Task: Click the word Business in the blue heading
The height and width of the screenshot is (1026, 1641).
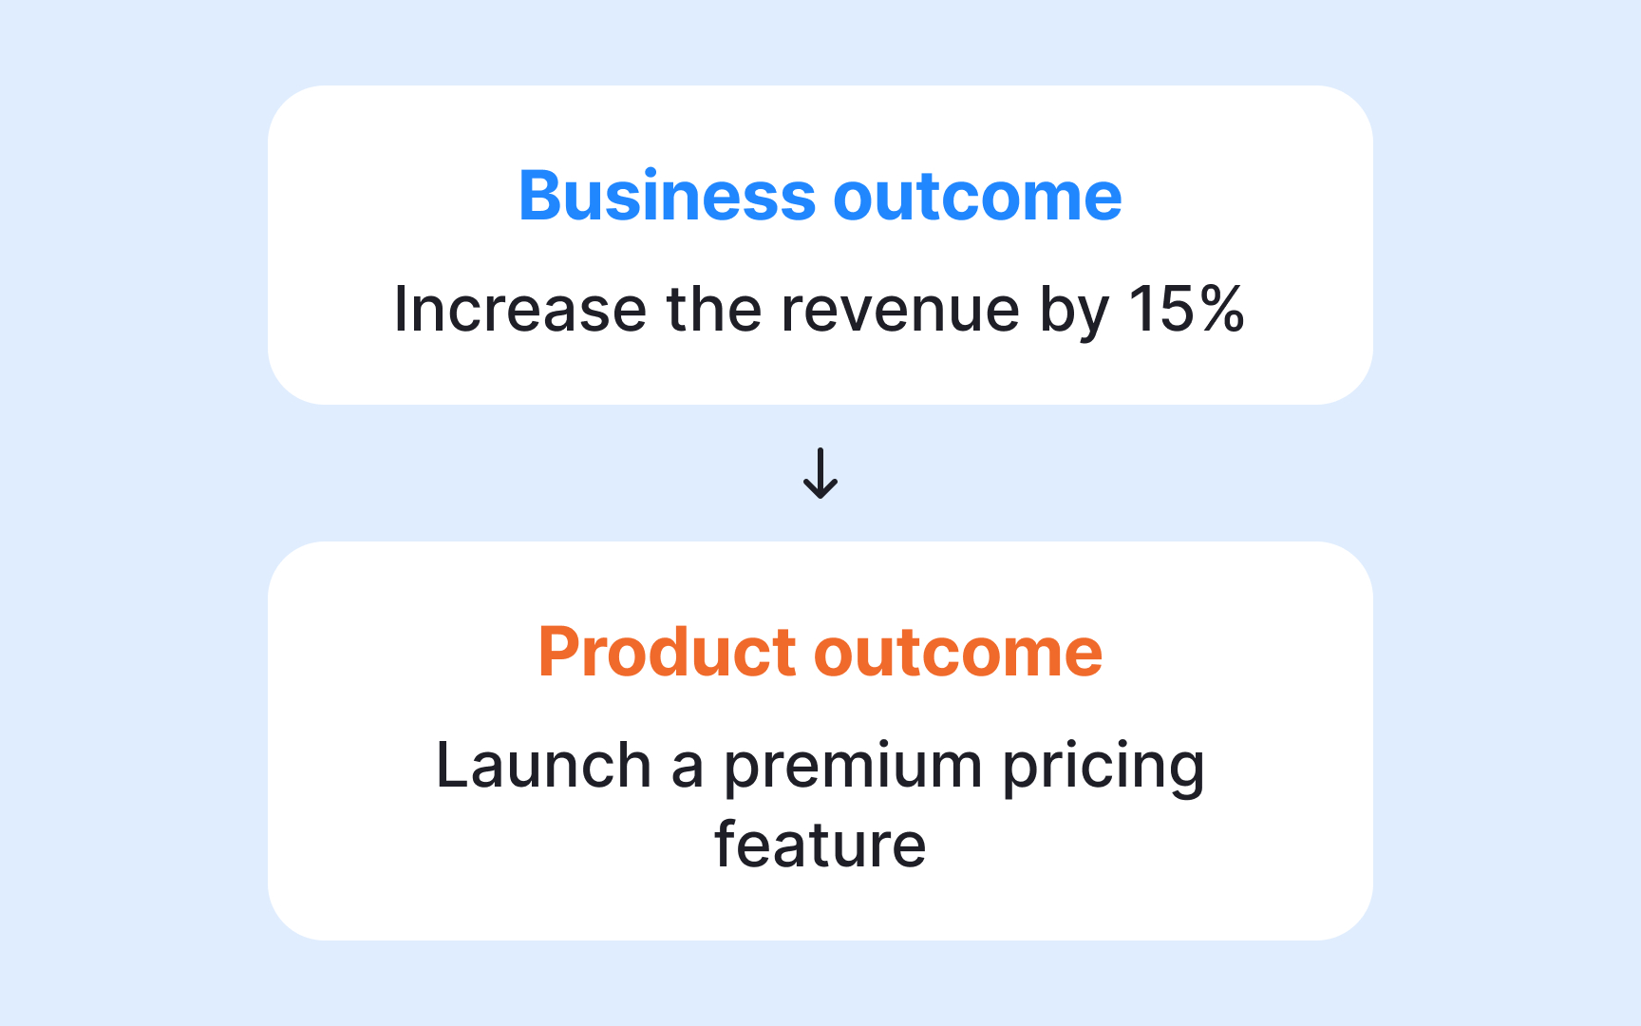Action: (667, 197)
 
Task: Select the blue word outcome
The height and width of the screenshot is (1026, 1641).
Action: (977, 197)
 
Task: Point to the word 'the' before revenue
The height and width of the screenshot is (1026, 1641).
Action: (713, 310)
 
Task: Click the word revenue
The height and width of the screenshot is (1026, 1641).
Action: (899, 310)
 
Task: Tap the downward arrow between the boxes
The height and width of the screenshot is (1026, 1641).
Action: (820, 473)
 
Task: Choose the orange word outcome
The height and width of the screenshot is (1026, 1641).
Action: (958, 653)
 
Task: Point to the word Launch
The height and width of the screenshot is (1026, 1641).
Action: (543, 766)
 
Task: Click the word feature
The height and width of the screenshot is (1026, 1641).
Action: (820, 845)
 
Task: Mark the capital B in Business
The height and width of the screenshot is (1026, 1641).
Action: (539, 197)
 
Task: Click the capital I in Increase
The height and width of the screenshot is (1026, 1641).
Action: (401, 310)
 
